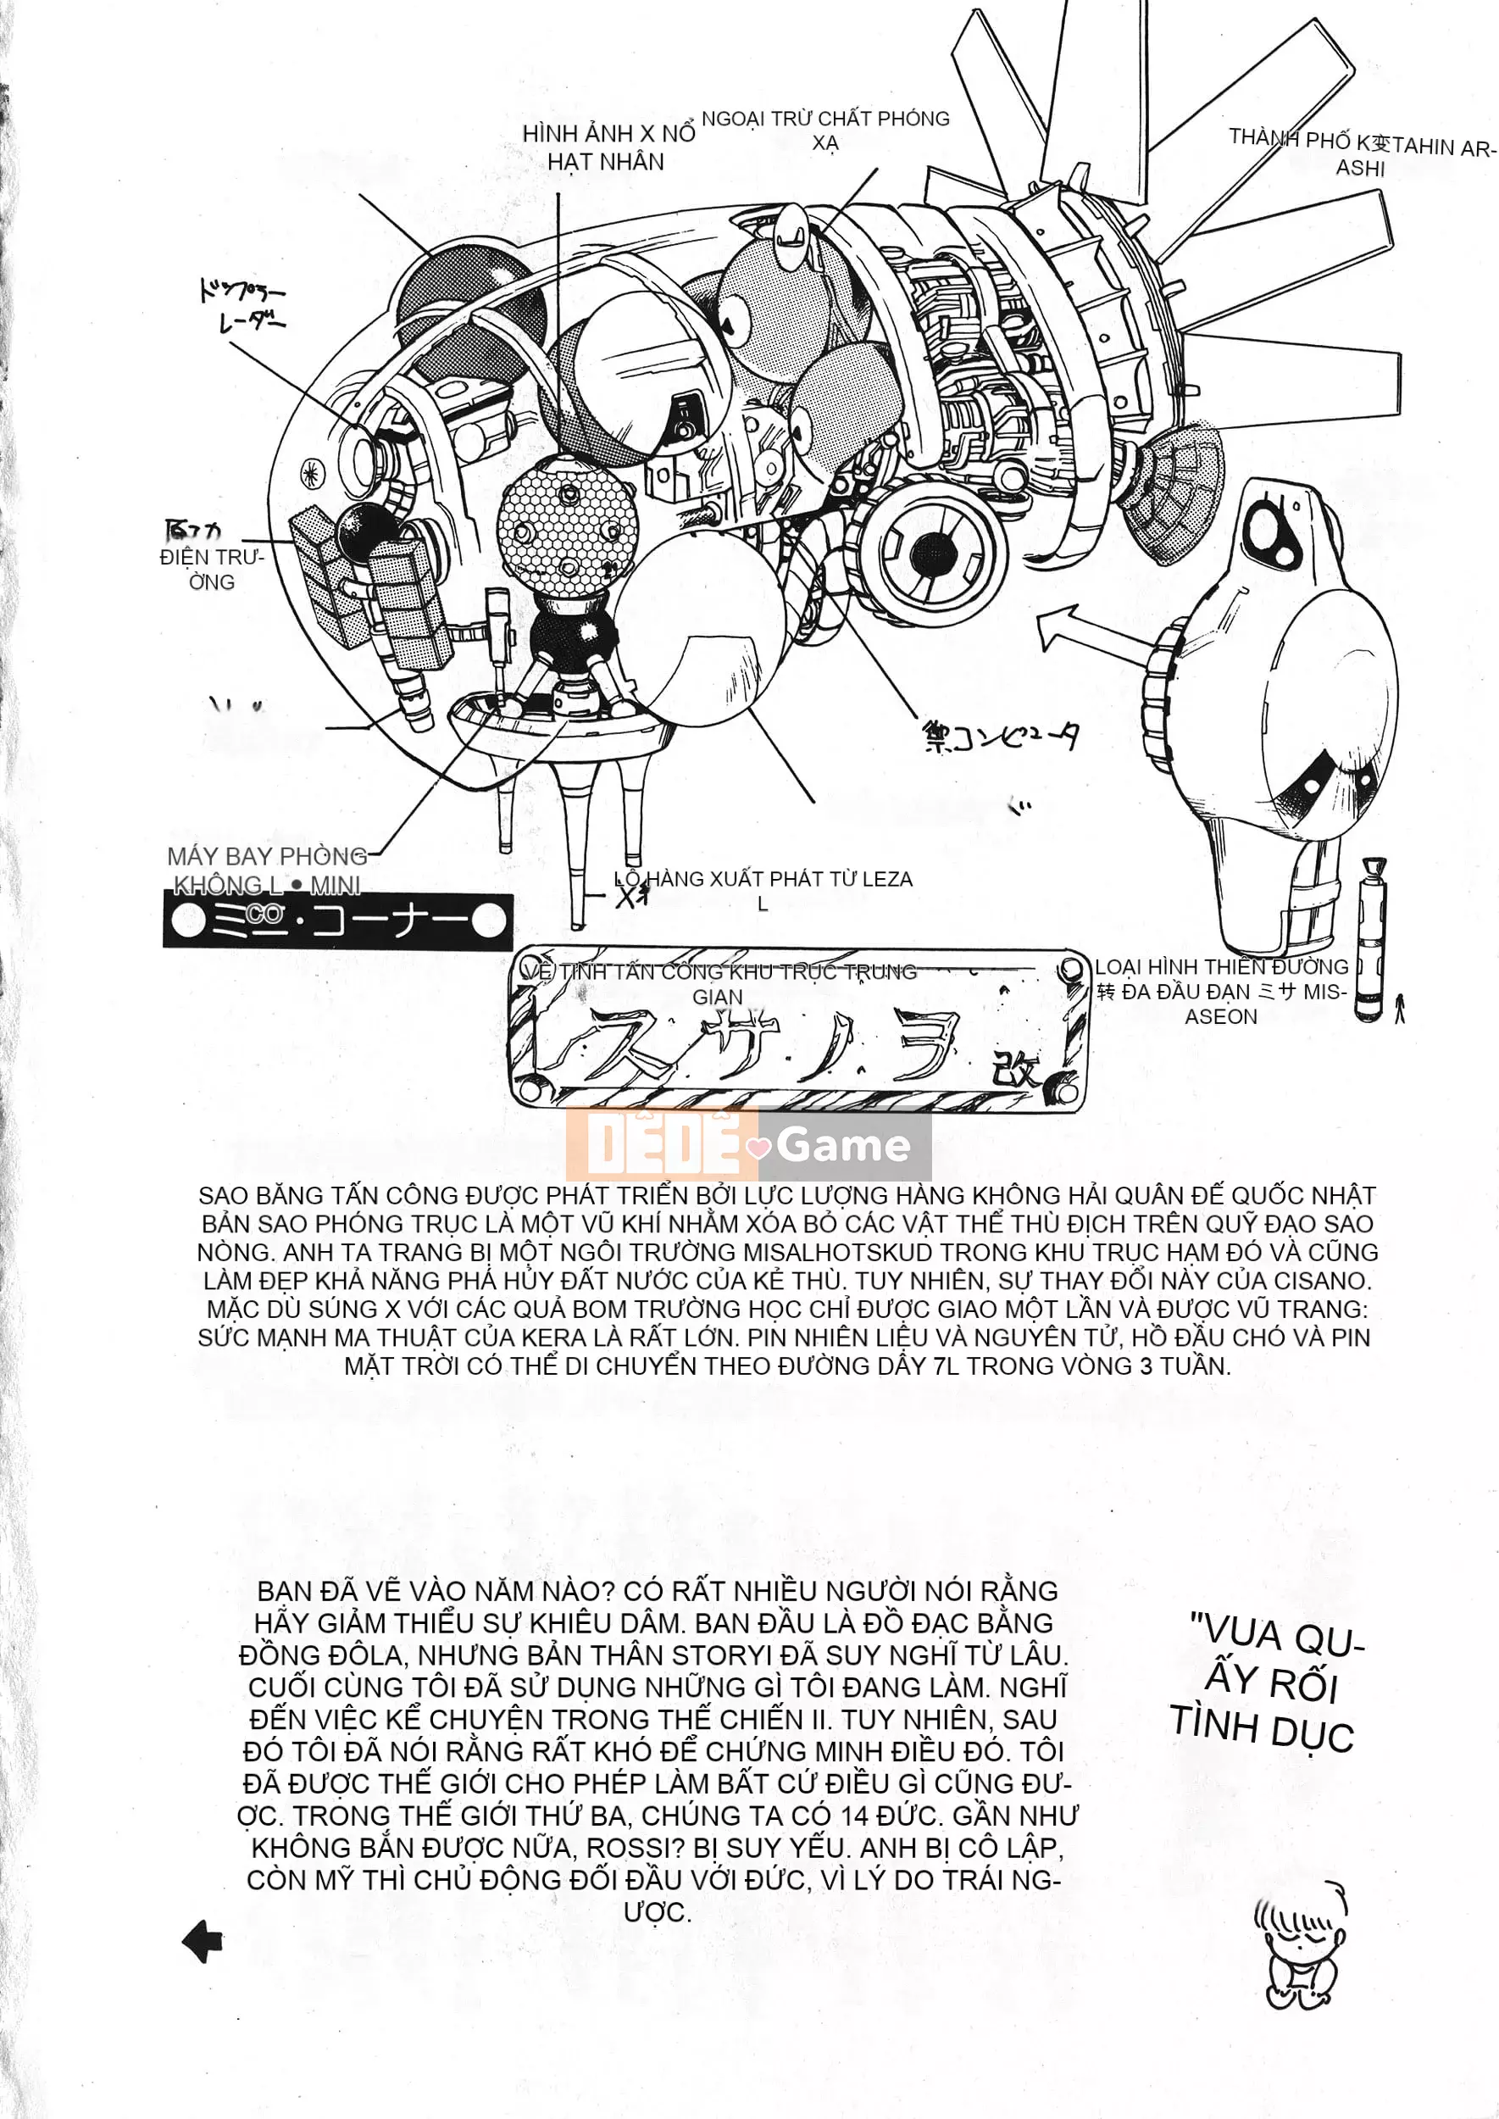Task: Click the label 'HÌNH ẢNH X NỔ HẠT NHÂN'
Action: tap(608, 147)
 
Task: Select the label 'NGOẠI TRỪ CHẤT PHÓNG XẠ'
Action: tap(825, 131)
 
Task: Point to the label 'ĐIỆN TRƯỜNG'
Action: tap(211, 569)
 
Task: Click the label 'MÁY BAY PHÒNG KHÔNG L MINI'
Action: tap(267, 870)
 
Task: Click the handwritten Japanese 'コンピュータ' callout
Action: tap(1001, 737)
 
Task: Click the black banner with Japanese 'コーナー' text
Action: tap(338, 920)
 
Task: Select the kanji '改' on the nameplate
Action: tap(1015, 1071)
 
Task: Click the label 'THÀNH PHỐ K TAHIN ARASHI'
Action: tap(1362, 153)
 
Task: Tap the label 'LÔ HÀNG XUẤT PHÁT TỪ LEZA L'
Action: tap(764, 890)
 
